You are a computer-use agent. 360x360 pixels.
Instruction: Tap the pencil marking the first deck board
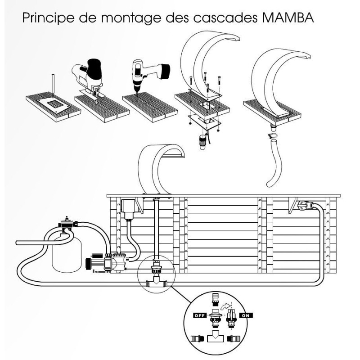pos(52,84)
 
